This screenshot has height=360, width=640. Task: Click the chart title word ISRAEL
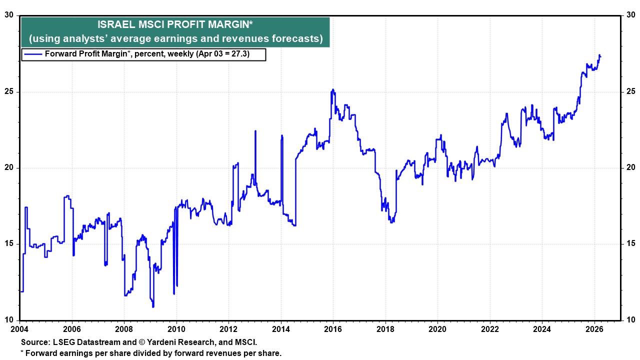tap(113, 24)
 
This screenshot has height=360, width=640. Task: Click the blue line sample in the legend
tap(33, 54)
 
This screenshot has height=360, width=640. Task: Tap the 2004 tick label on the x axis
tap(19, 329)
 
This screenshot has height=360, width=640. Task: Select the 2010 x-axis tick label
tap(176, 329)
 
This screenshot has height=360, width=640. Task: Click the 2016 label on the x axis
tap(332, 329)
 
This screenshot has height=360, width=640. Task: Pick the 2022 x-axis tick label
tap(489, 329)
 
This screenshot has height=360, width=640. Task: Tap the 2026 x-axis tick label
tap(594, 329)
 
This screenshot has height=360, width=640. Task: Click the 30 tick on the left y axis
tap(9, 15)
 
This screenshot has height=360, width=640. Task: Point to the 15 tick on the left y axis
tap(9, 244)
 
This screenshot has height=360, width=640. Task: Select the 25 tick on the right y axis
tap(630, 91)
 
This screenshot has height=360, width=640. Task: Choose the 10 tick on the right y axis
tap(630, 320)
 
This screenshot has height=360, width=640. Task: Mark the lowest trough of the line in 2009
tap(153, 306)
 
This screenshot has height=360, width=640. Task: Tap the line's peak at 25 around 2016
tap(333, 90)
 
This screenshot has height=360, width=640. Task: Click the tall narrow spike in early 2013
tap(255, 131)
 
